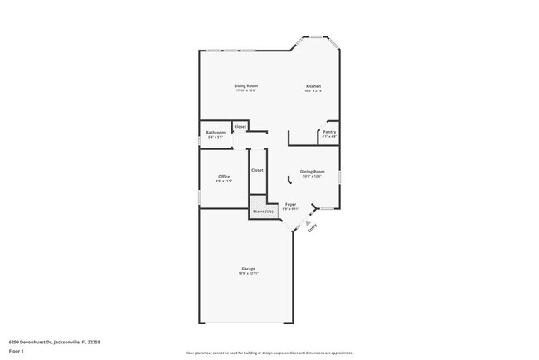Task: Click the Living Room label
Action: [x=245, y=86]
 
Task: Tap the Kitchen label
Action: [x=313, y=86]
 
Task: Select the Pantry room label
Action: [x=328, y=132]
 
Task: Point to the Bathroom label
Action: [x=216, y=132]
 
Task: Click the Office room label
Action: [x=224, y=176]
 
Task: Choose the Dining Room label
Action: [x=313, y=172]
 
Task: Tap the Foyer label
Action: [x=290, y=204]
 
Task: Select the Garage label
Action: [x=248, y=269]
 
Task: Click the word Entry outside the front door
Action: [x=313, y=231]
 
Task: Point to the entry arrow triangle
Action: [x=308, y=223]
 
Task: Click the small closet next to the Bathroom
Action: [x=240, y=127]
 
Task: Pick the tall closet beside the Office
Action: [x=257, y=170]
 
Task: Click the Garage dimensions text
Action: [x=248, y=274]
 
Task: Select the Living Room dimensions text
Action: [x=245, y=91]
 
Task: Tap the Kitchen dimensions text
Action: [x=313, y=91]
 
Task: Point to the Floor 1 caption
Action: [x=17, y=351]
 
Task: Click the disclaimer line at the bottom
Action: [x=269, y=352]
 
